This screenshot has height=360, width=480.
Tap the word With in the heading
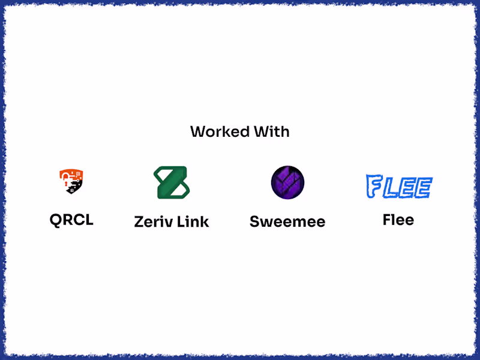tap(272, 131)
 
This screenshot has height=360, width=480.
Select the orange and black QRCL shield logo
tap(71, 181)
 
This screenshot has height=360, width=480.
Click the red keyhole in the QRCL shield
tap(65, 183)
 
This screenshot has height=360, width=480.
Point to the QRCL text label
tap(71, 220)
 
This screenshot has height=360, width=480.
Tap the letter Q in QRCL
tap(56, 220)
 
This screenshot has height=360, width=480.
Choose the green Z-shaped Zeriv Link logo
tap(172, 182)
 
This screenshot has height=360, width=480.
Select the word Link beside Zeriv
tap(193, 221)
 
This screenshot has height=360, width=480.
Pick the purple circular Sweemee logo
tap(287, 182)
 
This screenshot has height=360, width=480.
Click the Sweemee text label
tap(287, 221)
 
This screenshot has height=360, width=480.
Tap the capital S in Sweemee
tap(256, 221)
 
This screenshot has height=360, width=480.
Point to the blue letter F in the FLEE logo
tap(374, 186)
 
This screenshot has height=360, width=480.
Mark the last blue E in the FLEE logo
tap(424, 188)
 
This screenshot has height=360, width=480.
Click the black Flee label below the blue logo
tap(398, 220)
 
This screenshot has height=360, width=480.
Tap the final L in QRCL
tap(88, 220)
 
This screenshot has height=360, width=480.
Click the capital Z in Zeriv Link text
tap(140, 221)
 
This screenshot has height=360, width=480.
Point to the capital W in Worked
tap(199, 131)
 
